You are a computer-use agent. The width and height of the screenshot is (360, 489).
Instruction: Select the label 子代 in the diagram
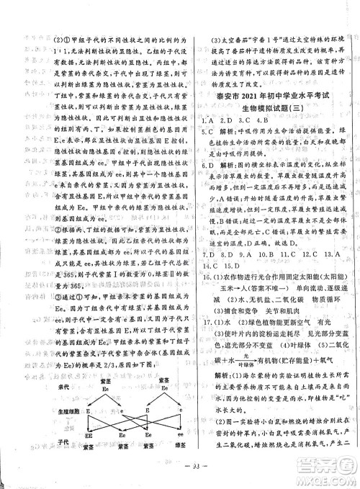tap(61, 441)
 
